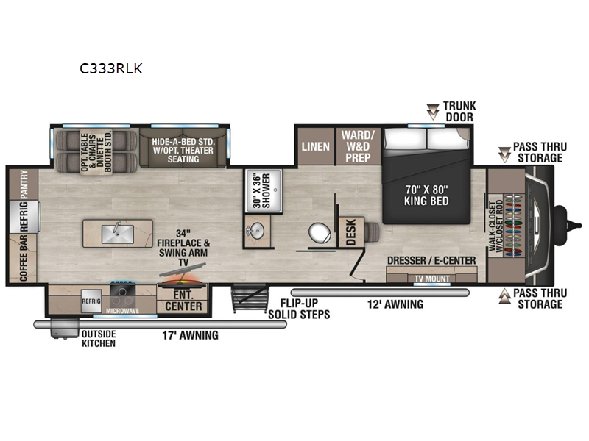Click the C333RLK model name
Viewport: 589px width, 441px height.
[111, 69]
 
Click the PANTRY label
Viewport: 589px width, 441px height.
[24, 184]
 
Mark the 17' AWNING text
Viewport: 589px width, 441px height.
[190, 336]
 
